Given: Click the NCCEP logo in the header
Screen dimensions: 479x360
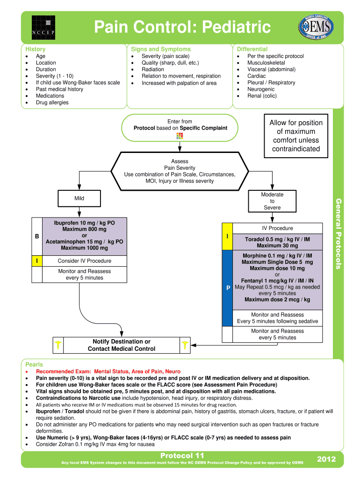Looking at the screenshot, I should click(43, 27).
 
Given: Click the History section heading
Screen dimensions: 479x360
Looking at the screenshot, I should click(36, 49).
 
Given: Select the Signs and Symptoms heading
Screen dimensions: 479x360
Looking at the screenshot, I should click(161, 49).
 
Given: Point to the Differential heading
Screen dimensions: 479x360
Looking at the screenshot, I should click(252, 49).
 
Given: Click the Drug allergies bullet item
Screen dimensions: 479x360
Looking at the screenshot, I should click(52, 102).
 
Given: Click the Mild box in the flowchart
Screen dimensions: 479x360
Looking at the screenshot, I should click(79, 198).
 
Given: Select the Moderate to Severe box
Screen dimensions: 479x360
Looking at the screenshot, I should click(272, 201).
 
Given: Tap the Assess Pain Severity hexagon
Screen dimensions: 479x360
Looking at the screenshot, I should click(180, 171).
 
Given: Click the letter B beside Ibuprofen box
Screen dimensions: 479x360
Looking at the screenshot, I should click(37, 236).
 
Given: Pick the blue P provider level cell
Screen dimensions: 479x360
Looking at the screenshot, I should click(227, 288).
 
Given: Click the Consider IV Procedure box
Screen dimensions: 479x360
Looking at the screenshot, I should click(84, 261).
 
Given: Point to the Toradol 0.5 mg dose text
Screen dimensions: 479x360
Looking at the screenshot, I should click(277, 239).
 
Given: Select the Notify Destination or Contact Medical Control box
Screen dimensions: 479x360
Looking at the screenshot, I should click(122, 345).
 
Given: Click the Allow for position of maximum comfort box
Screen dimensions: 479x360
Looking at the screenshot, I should click(295, 136).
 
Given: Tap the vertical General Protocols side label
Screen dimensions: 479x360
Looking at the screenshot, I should click(338, 233).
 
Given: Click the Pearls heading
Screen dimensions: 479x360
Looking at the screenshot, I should click(34, 364).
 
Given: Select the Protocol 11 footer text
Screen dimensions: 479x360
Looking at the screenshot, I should click(182, 456).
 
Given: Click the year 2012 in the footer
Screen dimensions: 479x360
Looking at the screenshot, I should click(326, 459).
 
